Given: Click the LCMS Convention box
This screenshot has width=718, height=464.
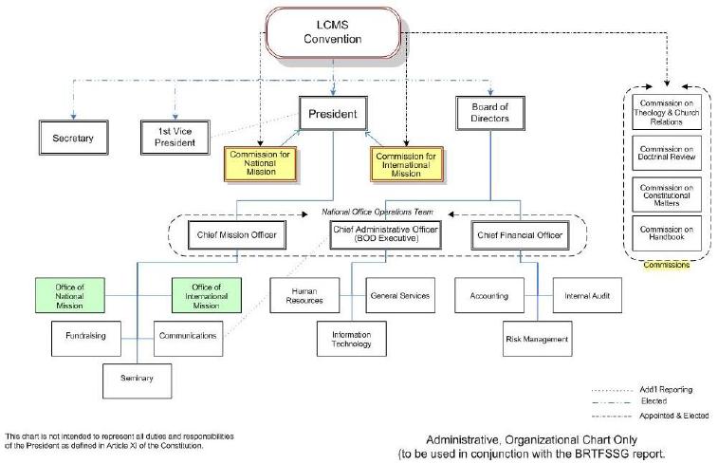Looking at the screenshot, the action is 333,32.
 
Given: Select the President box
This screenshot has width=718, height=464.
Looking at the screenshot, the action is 333,113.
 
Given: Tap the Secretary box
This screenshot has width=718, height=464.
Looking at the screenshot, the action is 73,138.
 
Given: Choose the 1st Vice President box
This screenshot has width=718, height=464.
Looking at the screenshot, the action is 175,137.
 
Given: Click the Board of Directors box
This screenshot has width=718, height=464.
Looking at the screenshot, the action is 490,113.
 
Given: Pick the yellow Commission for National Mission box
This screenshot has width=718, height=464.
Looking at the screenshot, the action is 260,163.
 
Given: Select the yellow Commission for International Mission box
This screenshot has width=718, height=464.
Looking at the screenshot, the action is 406,164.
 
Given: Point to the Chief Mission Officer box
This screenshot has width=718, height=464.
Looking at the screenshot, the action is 237,235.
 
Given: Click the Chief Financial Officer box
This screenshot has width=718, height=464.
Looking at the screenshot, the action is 520,235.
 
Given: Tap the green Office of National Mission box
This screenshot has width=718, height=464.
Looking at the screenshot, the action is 69,295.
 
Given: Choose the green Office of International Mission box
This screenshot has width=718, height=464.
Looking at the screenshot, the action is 207,295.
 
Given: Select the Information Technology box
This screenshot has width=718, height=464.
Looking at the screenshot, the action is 352,339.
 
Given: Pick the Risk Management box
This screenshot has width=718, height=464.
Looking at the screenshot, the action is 537,339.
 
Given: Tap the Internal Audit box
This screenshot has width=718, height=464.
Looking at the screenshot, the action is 587,295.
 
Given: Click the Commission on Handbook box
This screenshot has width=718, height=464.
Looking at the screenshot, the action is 667,233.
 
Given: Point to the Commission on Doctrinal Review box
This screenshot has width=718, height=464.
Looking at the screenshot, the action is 667,153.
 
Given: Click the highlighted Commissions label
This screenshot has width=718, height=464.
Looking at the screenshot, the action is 667,265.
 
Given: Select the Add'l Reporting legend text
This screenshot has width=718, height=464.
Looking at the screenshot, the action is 666,390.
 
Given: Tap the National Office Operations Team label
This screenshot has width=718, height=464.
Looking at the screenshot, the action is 377,212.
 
